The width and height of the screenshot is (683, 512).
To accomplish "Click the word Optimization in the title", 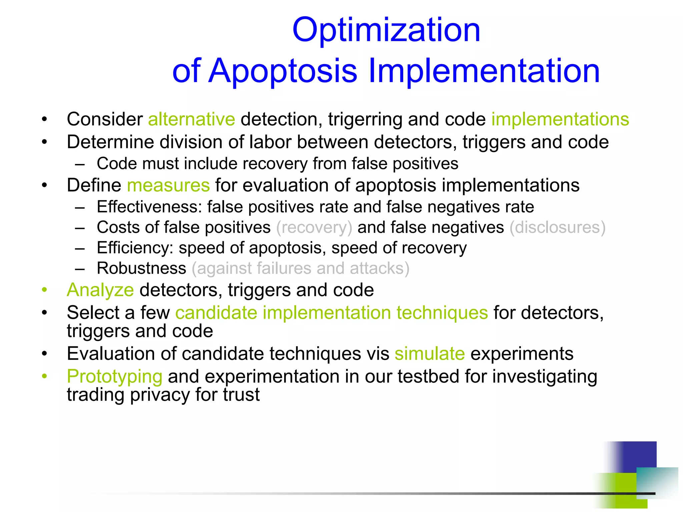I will tap(386, 31).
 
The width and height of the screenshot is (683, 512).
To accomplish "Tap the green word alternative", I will tap(191, 119).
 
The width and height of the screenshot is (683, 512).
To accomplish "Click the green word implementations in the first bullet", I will tap(560, 119).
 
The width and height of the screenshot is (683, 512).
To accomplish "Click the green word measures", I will tap(168, 185).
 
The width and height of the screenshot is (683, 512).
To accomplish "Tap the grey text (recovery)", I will tap(314, 228).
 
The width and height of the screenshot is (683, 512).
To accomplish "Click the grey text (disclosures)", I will tap(557, 228).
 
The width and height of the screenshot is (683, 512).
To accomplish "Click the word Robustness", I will tap(141, 269).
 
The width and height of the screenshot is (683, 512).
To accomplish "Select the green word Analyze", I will tap(100, 290).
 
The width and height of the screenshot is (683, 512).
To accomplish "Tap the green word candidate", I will tap(216, 313).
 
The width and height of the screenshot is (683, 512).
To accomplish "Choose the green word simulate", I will tap(430, 354).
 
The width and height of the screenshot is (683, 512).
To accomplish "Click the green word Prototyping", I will tap(115, 377).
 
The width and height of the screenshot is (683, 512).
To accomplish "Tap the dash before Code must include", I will tap(80, 164).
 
